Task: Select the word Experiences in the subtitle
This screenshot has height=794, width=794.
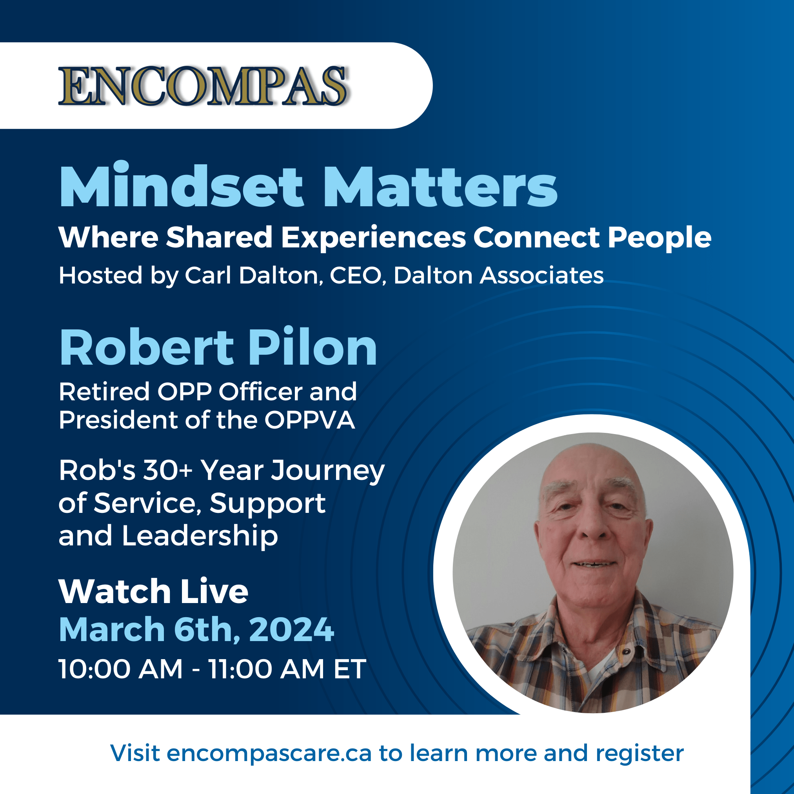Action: [x=373, y=238]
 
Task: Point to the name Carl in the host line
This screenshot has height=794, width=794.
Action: [x=207, y=275]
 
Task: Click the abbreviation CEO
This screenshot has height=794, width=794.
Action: [x=355, y=275]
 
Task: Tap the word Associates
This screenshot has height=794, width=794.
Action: [x=541, y=275]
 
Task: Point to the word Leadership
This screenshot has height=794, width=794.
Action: [x=200, y=536]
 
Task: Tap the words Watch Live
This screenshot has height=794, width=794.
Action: [x=153, y=591]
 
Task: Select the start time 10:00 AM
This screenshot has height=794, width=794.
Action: [x=120, y=669]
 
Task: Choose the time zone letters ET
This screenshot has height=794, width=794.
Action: [x=349, y=669]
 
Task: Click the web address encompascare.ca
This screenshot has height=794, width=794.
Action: [x=269, y=753]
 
